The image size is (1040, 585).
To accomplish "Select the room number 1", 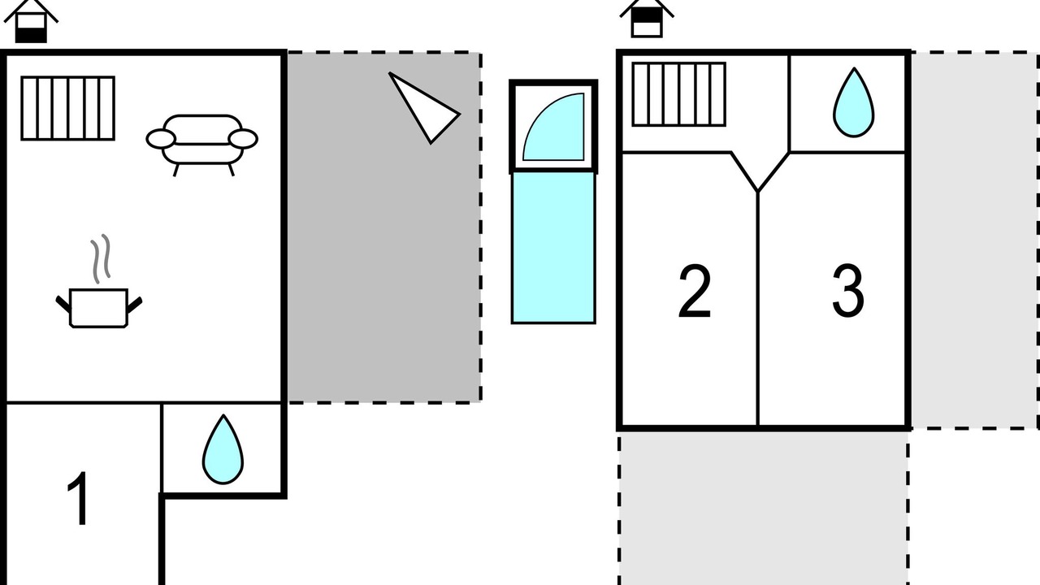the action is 79,498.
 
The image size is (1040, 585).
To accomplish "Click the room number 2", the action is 695,291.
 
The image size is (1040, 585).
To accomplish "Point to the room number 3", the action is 847,291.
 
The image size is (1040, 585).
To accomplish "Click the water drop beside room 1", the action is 223,449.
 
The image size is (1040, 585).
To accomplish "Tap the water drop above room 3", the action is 854,102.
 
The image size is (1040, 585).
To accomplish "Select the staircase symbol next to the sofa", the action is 67,108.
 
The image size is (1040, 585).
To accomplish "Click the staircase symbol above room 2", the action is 678,94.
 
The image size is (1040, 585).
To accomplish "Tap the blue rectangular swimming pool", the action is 553,248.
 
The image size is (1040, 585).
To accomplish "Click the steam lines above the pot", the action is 101,258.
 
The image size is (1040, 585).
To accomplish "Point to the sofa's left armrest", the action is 161,139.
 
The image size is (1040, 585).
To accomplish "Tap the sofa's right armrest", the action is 243,139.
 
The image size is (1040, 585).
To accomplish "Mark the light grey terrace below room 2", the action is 764,509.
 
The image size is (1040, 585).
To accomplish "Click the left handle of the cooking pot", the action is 63,304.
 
